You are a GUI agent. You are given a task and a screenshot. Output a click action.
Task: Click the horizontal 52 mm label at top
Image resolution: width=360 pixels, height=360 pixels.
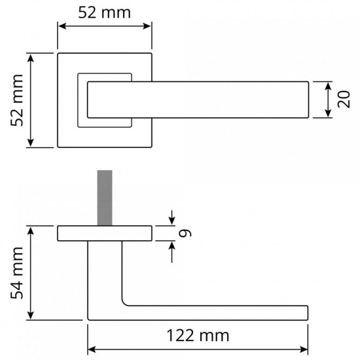click(105, 12)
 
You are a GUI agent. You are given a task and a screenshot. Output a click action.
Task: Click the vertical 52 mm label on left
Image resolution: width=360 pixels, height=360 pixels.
click(17, 100)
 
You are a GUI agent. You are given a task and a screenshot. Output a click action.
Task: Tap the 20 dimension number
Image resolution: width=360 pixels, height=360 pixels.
click(344, 99)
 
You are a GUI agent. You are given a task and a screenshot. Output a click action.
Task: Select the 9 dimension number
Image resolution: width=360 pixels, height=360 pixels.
click(185, 233)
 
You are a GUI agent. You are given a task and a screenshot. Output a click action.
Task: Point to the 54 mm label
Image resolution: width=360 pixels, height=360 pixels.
click(17, 273)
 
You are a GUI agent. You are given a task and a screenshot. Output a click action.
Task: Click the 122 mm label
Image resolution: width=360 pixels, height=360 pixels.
click(198, 335)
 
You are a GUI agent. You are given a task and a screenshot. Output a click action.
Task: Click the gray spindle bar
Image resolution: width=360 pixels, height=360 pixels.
click(105, 198)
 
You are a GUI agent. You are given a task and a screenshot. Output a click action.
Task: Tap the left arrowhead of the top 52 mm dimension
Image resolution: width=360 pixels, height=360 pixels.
click(62, 26)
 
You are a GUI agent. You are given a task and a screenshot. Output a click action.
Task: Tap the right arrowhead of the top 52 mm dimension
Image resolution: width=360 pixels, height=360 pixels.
click(147, 26)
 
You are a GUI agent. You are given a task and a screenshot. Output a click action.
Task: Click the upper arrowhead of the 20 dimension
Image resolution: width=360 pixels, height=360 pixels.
click(329, 86)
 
